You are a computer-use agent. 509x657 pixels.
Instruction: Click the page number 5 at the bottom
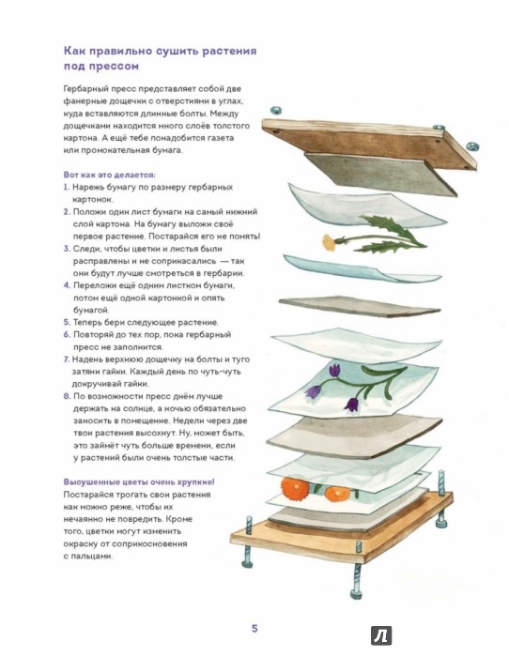pyautogui.click(x=254, y=629)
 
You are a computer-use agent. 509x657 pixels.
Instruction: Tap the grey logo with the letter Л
pyautogui.click(x=381, y=635)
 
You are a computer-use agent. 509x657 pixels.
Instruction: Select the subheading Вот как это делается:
pyautogui.click(x=109, y=175)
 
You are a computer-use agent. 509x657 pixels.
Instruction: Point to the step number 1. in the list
pyautogui.click(x=67, y=187)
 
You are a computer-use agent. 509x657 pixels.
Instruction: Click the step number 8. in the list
pyautogui.click(x=67, y=396)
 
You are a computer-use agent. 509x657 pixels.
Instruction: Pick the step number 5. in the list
pyautogui.click(x=67, y=322)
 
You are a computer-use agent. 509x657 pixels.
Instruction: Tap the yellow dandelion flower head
pyautogui.click(x=329, y=242)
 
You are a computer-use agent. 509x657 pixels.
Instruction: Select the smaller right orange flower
pyautogui.click(x=337, y=493)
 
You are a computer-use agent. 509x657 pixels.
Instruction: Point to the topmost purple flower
pyautogui.click(x=334, y=371)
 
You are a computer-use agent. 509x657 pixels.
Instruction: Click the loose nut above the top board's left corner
pyautogui.click(x=275, y=110)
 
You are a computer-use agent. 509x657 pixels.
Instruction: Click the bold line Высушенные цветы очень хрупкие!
pyautogui.click(x=139, y=481)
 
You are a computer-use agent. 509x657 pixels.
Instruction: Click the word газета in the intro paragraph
pyautogui.click(x=220, y=138)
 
